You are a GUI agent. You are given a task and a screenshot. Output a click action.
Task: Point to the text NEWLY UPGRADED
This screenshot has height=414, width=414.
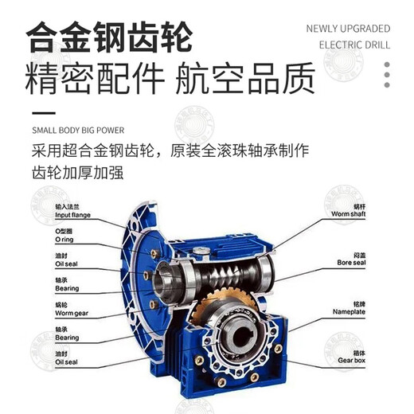pyautogui.click(x=348, y=29)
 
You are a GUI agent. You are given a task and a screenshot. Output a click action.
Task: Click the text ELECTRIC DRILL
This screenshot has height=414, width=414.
pyautogui.click(x=348, y=45)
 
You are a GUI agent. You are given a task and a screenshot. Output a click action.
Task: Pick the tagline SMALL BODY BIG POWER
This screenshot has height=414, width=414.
pyautogui.click(x=78, y=128)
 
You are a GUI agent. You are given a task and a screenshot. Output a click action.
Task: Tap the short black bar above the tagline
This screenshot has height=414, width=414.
pyautogui.click(x=43, y=112)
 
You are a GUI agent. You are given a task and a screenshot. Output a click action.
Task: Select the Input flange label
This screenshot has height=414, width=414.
pyautogui.click(x=72, y=216)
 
